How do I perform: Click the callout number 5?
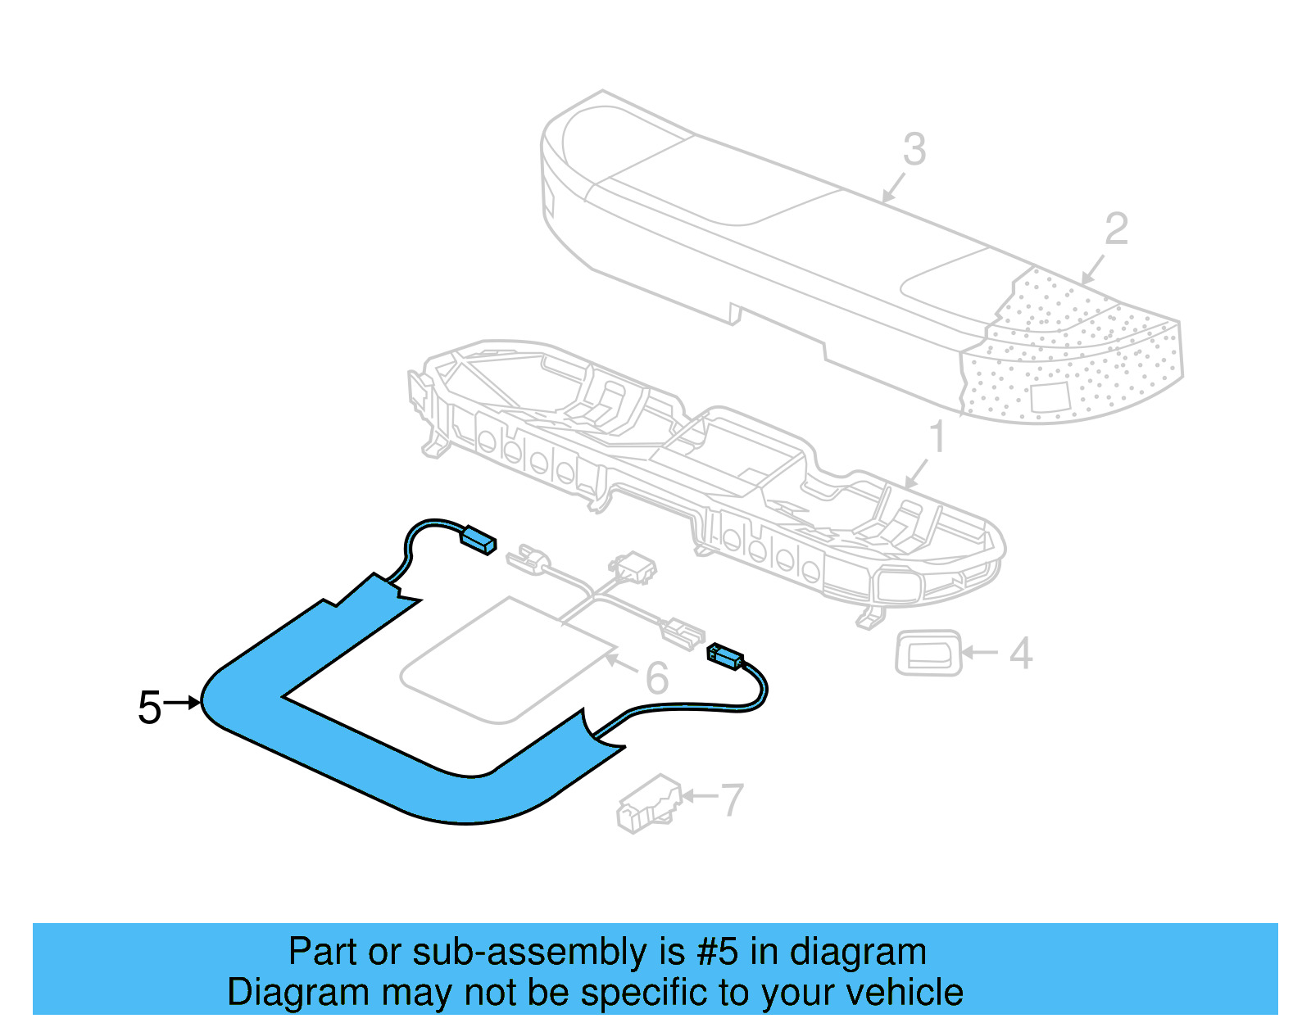point(149,708)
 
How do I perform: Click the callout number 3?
point(914,150)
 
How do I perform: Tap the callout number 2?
point(1116,229)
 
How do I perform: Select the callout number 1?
point(937,437)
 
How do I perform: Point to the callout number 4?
point(1021,654)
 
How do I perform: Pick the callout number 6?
point(656,678)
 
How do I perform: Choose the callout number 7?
point(731,799)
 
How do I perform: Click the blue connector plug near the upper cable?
point(479,539)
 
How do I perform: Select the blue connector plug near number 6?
point(724,655)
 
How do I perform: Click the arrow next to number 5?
point(182,702)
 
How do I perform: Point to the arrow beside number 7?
point(698,795)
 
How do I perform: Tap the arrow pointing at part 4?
point(979,653)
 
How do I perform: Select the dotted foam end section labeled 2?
point(1082,352)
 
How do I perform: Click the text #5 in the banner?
point(718,953)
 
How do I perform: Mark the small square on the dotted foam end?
point(1050,397)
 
